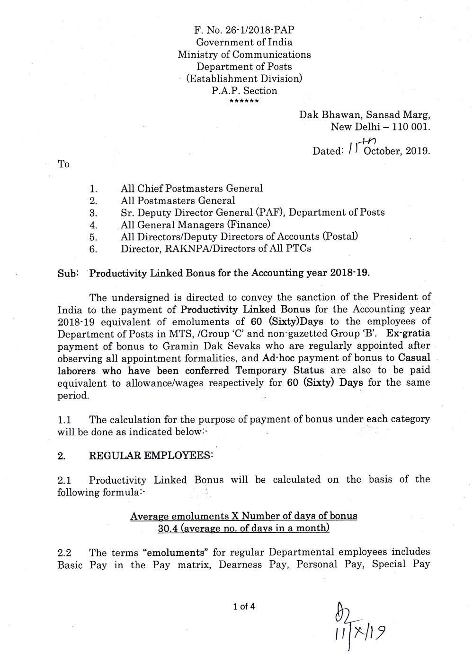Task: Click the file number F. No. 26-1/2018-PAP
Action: (244, 30)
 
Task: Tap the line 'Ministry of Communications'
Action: (244, 54)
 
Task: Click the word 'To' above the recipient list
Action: (63, 164)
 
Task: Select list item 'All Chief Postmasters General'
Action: (191, 189)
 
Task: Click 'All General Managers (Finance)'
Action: (195, 225)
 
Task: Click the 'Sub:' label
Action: (67, 273)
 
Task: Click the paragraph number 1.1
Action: (64, 419)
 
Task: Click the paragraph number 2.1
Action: (64, 480)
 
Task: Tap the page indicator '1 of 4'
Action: (244, 606)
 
